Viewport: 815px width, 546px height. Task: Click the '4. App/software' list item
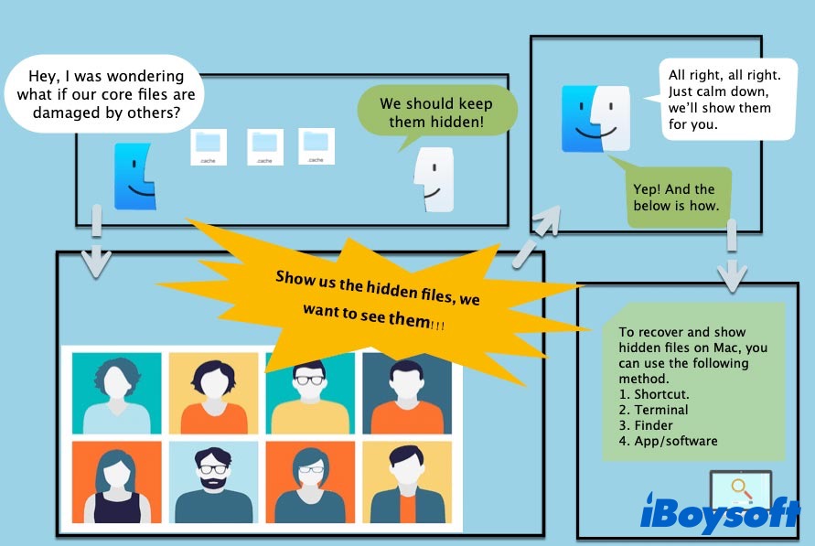[x=668, y=441]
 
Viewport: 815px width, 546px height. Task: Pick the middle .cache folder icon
[x=264, y=145]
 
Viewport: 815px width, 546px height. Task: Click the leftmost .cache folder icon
[x=209, y=145]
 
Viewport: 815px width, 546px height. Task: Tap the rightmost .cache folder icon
[x=316, y=145]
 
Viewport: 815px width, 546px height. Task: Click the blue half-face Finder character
[x=134, y=176]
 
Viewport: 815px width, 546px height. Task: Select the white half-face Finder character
[x=433, y=180]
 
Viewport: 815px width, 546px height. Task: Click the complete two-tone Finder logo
[x=595, y=118]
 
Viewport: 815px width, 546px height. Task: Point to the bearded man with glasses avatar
[x=213, y=483]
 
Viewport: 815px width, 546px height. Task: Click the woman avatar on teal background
[x=117, y=393]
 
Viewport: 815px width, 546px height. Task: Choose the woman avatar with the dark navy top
[x=117, y=483]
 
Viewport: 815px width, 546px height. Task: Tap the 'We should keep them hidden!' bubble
[x=436, y=112]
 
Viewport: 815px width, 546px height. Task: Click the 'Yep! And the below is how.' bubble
[x=676, y=197]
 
